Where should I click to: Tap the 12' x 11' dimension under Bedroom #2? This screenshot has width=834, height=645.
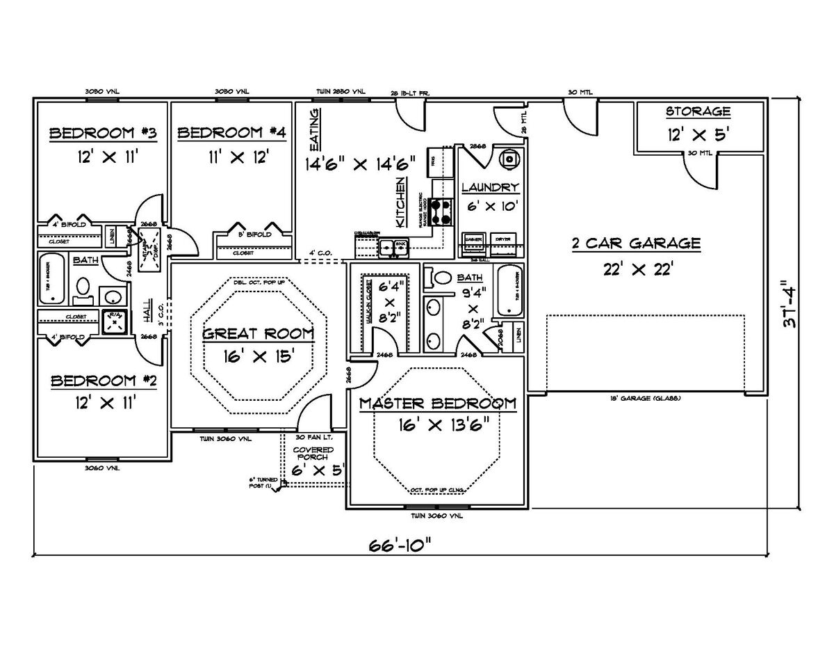click(103, 401)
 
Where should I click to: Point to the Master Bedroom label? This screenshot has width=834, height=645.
click(437, 404)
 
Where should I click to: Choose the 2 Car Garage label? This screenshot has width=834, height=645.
click(635, 244)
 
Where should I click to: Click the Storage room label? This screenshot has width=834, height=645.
click(698, 111)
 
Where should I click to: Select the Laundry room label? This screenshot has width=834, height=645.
click(490, 187)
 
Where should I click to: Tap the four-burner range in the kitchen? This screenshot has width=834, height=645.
click(440, 212)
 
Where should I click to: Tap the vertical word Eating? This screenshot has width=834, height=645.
click(314, 130)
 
